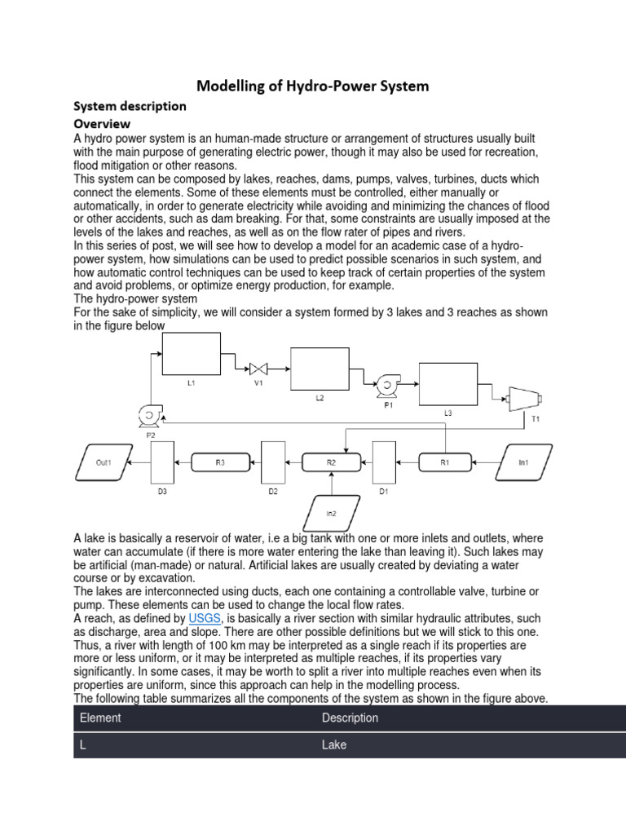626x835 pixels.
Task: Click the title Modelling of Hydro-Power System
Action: [x=313, y=86]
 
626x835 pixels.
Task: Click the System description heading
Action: [x=130, y=106]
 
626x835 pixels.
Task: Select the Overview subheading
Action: [x=102, y=124]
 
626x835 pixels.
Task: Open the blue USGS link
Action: [x=204, y=619]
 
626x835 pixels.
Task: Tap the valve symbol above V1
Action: [x=259, y=368]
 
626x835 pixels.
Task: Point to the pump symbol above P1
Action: [x=385, y=383]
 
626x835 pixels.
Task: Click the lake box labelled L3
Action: [x=447, y=384]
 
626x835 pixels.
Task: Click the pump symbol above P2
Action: [x=150, y=416]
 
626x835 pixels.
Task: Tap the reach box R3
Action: [x=220, y=462]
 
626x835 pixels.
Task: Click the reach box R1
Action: [x=444, y=462]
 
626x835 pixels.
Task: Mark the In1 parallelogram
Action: [x=524, y=462]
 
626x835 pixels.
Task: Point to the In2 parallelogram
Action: [x=330, y=514]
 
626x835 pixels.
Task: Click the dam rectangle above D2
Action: [x=272, y=462]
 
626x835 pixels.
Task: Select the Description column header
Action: [x=350, y=718]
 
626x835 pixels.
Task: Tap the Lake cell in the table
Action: [x=334, y=744]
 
